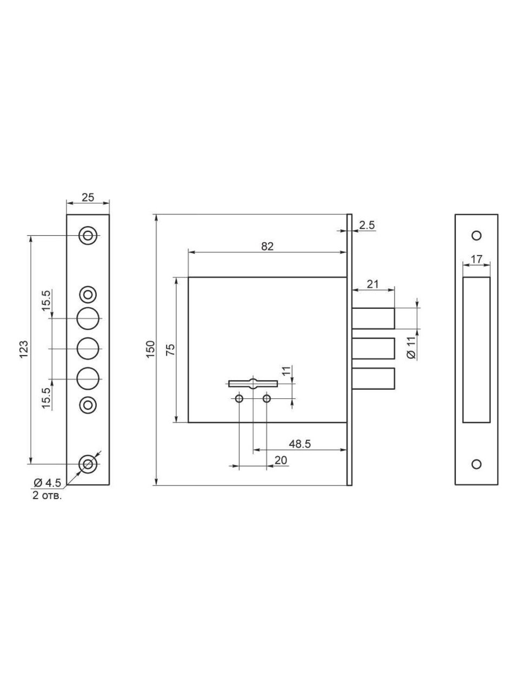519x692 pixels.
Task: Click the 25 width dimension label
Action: [x=88, y=197]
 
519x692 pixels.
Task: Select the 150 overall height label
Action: [x=151, y=349]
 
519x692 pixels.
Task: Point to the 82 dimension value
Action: [x=267, y=246]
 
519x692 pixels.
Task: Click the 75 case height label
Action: [x=170, y=350]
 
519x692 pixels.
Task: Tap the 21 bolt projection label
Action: [x=373, y=284]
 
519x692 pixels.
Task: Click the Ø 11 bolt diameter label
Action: [x=411, y=348]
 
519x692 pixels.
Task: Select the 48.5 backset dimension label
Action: [x=300, y=444]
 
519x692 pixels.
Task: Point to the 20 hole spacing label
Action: [x=281, y=460]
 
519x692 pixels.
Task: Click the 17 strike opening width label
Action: [x=476, y=259]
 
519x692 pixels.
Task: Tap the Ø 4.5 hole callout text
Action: [x=48, y=482]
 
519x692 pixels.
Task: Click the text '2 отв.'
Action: [x=47, y=496]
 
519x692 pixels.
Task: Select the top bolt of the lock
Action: [x=373, y=318]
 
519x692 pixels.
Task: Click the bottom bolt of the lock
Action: [x=373, y=378]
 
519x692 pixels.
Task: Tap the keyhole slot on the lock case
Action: [x=253, y=383]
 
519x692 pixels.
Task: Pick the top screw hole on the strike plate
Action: [x=476, y=236]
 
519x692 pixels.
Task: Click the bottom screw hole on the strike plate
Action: [x=476, y=464]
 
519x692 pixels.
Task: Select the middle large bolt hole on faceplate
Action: [x=88, y=349]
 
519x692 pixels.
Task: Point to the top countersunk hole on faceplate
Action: [x=88, y=236]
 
